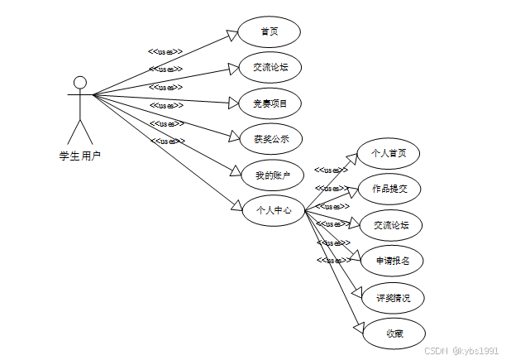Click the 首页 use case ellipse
(x=268, y=32)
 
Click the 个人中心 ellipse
(x=268, y=210)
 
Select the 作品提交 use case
(x=389, y=189)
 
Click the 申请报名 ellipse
(x=394, y=261)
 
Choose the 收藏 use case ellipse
(x=394, y=334)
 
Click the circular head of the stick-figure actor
(x=79, y=82)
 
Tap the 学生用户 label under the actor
(x=79, y=155)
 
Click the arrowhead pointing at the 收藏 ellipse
(x=360, y=328)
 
